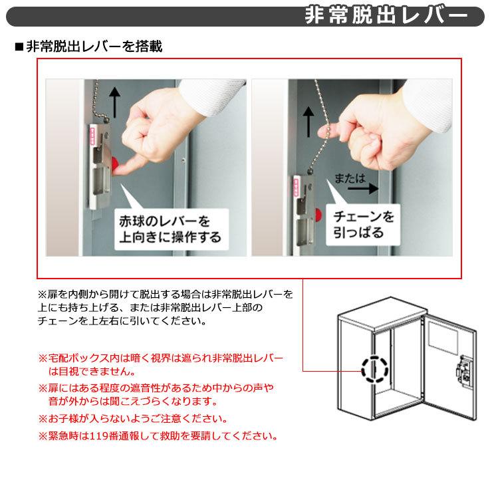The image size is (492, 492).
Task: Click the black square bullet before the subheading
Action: [x=19, y=47]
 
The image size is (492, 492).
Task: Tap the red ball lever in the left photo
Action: [x=116, y=163]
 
